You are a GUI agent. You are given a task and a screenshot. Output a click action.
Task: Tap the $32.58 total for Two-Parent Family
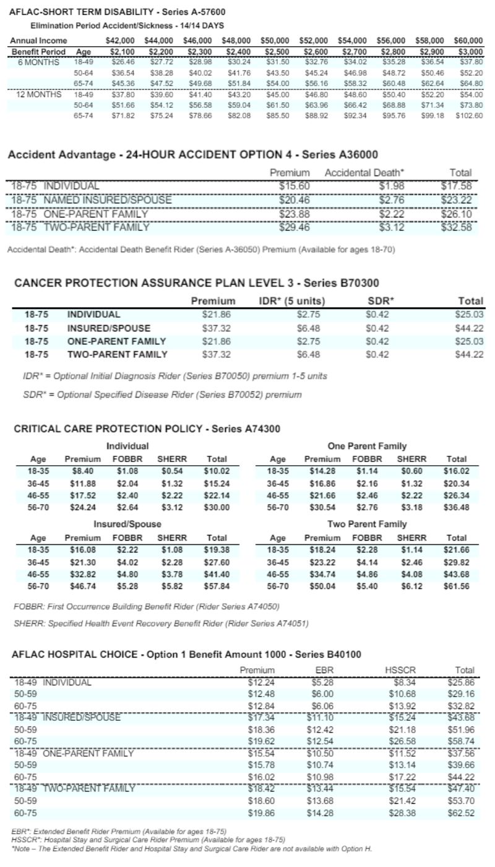(457, 227)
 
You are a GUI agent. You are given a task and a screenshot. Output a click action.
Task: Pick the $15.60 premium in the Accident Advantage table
(295, 186)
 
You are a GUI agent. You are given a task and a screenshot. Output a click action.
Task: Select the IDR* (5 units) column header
(291, 301)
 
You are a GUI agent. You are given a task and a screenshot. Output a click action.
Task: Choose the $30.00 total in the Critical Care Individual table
(217, 507)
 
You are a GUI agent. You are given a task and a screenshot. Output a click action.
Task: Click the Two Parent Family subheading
(367, 525)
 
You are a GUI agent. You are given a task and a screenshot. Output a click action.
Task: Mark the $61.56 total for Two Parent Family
(456, 586)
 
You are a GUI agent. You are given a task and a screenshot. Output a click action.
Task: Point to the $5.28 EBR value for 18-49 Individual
(322, 682)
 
